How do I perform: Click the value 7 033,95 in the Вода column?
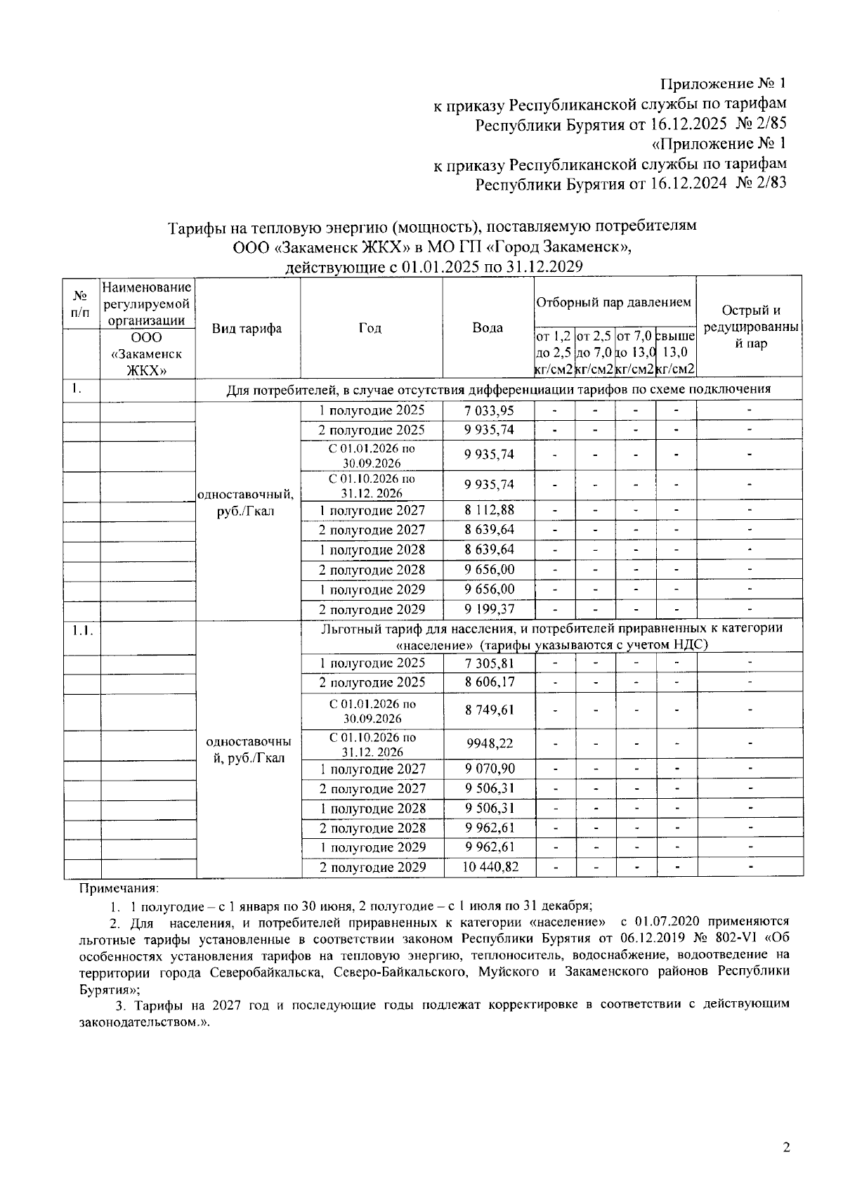click(488, 410)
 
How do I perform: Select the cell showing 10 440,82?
click(490, 867)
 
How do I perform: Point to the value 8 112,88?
click(488, 510)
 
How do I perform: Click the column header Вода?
click(488, 327)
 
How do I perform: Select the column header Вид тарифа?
click(247, 328)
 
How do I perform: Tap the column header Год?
click(371, 327)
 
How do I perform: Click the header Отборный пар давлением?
click(614, 302)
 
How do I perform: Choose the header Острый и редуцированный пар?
click(750, 327)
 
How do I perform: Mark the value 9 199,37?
click(488, 609)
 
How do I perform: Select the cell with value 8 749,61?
click(490, 710)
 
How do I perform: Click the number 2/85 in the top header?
click(771, 124)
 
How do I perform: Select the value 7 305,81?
click(490, 663)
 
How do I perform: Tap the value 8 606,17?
click(490, 682)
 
